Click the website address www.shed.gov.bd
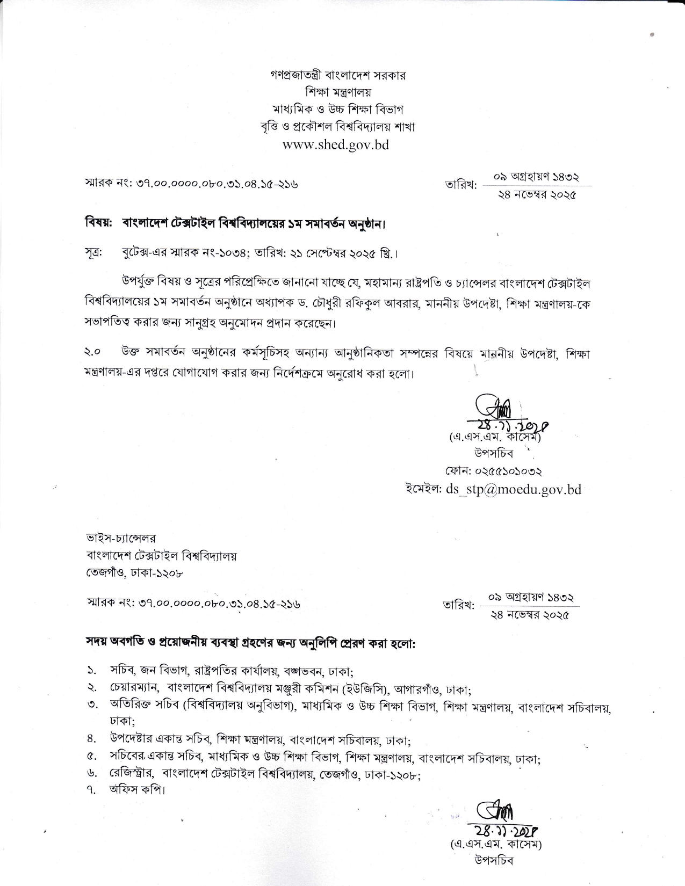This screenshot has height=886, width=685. (336, 144)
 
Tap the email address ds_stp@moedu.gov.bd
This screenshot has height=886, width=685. (513, 489)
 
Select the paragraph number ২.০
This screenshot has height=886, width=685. (93, 353)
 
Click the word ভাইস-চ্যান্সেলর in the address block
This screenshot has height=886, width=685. (121, 538)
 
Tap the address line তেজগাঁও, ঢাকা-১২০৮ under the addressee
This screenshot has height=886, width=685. (135, 572)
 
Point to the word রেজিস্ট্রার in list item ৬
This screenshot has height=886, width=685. (131, 774)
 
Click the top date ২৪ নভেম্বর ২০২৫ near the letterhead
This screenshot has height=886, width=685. (537, 195)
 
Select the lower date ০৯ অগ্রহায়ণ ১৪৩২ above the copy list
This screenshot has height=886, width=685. (531, 597)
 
